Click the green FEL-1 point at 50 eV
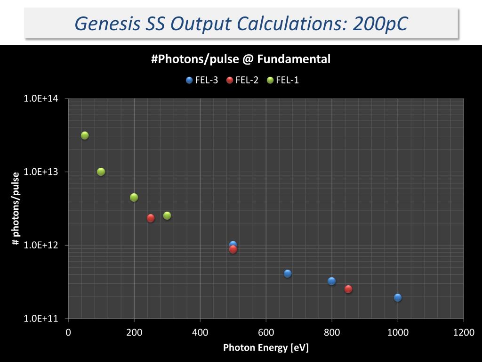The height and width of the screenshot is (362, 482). [x=85, y=136]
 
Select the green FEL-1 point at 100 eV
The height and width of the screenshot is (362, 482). [x=101, y=172]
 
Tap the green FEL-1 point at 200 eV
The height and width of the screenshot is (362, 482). [x=134, y=197]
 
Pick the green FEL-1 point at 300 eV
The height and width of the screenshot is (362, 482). [x=167, y=215]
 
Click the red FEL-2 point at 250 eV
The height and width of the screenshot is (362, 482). [x=151, y=218]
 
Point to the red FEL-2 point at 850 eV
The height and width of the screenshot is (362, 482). [x=348, y=289]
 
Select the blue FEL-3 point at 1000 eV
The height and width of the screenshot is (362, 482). [x=398, y=297]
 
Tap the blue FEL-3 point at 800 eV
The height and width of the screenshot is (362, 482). [x=332, y=281]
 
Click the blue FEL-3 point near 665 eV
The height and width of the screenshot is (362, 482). [x=288, y=273]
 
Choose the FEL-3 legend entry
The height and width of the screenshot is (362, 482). [x=202, y=80]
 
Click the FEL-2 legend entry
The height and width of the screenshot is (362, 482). [x=242, y=80]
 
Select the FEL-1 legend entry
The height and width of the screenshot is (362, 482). [x=283, y=80]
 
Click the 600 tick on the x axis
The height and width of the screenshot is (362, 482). [x=266, y=332]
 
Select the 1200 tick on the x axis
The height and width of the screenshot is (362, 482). [x=464, y=332]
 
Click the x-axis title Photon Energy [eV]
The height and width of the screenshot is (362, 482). [x=266, y=348]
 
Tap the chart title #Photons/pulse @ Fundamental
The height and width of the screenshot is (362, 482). [x=241, y=59]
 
